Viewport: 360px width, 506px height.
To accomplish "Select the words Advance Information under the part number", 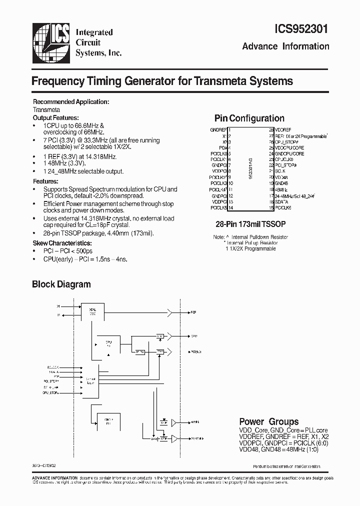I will coord(285,46).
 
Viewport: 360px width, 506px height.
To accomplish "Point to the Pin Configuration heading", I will coord(249,118).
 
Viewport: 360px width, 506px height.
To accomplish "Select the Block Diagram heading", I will coord(61,284).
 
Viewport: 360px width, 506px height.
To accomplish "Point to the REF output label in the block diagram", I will coord(193,312).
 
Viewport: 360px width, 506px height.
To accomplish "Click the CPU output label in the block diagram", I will coord(194,336).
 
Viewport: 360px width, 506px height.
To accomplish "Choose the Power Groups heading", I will coord(268,421).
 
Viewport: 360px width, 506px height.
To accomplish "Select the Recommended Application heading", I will coord(70,102).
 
